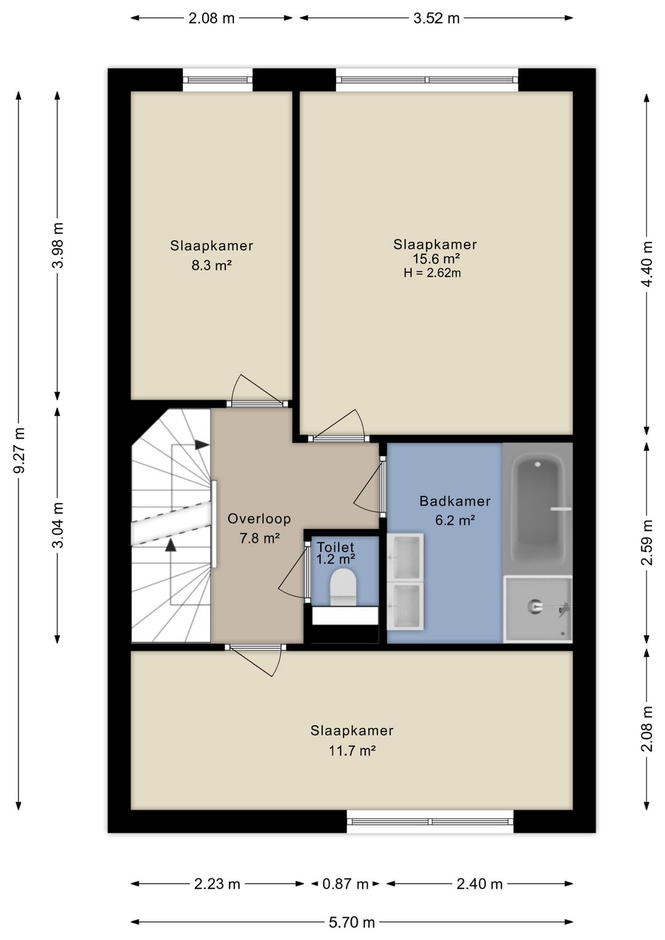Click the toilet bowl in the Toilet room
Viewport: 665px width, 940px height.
tap(343, 586)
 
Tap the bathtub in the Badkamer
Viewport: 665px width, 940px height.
tap(538, 508)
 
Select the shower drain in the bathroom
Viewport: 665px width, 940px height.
tap(534, 606)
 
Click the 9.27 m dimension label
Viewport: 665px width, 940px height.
tap(20, 450)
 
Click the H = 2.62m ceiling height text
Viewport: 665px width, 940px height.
tap(432, 273)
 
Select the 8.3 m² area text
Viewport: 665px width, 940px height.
tap(212, 265)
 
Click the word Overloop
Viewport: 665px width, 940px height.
tap(259, 519)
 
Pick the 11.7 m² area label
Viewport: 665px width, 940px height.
tap(352, 750)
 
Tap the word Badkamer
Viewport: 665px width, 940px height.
tap(455, 501)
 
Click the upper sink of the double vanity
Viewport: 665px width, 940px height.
tap(405, 557)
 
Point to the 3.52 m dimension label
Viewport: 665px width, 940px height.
tap(437, 18)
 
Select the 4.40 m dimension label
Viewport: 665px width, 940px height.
tap(647, 264)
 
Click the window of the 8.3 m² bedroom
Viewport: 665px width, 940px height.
tap(217, 79)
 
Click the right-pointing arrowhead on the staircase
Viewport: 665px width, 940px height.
tap(203, 445)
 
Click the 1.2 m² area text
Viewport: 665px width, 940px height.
tap(336, 558)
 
